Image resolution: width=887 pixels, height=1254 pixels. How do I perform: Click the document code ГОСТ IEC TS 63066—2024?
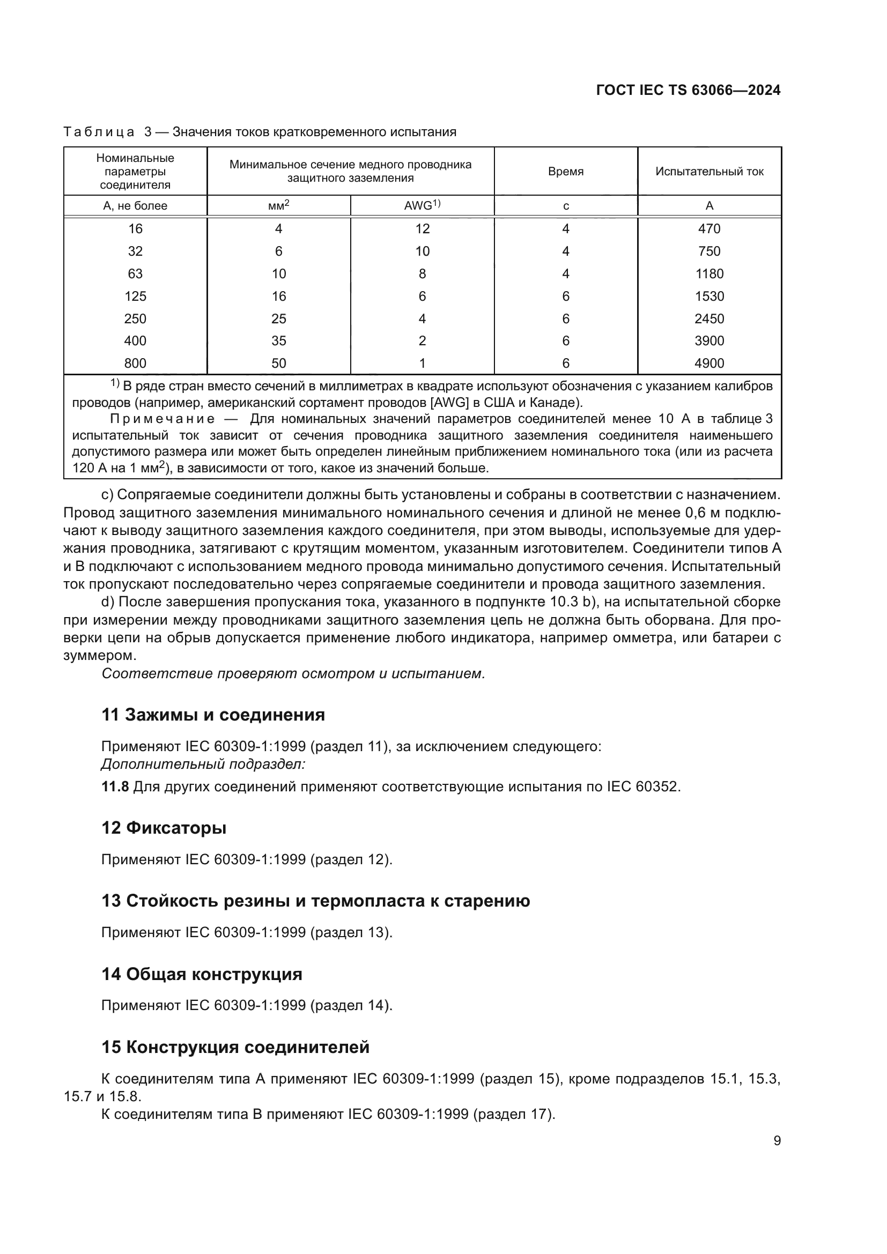(688, 91)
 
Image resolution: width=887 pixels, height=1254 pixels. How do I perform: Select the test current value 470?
(709, 229)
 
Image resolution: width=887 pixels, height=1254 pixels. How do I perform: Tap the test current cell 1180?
(709, 273)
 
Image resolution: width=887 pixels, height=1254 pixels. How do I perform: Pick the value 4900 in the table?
(709, 363)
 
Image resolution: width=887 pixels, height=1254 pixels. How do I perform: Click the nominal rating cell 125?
(135, 296)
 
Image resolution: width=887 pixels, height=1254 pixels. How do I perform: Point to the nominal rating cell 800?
(135, 363)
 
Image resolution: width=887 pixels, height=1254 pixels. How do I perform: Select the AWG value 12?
(422, 229)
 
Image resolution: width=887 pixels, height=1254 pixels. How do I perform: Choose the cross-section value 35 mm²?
(278, 341)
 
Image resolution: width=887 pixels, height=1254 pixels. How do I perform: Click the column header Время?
(565, 172)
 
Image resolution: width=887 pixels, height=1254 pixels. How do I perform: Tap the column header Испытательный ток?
(709, 172)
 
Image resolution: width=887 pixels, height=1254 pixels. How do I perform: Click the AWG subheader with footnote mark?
(422, 205)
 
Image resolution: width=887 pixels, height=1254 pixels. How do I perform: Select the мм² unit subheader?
(278, 205)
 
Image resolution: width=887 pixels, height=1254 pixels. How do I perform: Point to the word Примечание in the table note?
(162, 419)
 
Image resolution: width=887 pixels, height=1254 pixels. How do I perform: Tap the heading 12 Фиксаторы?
(164, 827)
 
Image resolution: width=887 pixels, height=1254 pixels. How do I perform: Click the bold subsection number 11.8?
(115, 786)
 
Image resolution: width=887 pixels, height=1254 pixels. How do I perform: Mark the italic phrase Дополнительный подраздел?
(203, 763)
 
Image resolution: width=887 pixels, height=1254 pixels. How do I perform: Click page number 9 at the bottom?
(777, 1140)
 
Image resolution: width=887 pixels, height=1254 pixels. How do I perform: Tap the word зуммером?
(100, 655)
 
